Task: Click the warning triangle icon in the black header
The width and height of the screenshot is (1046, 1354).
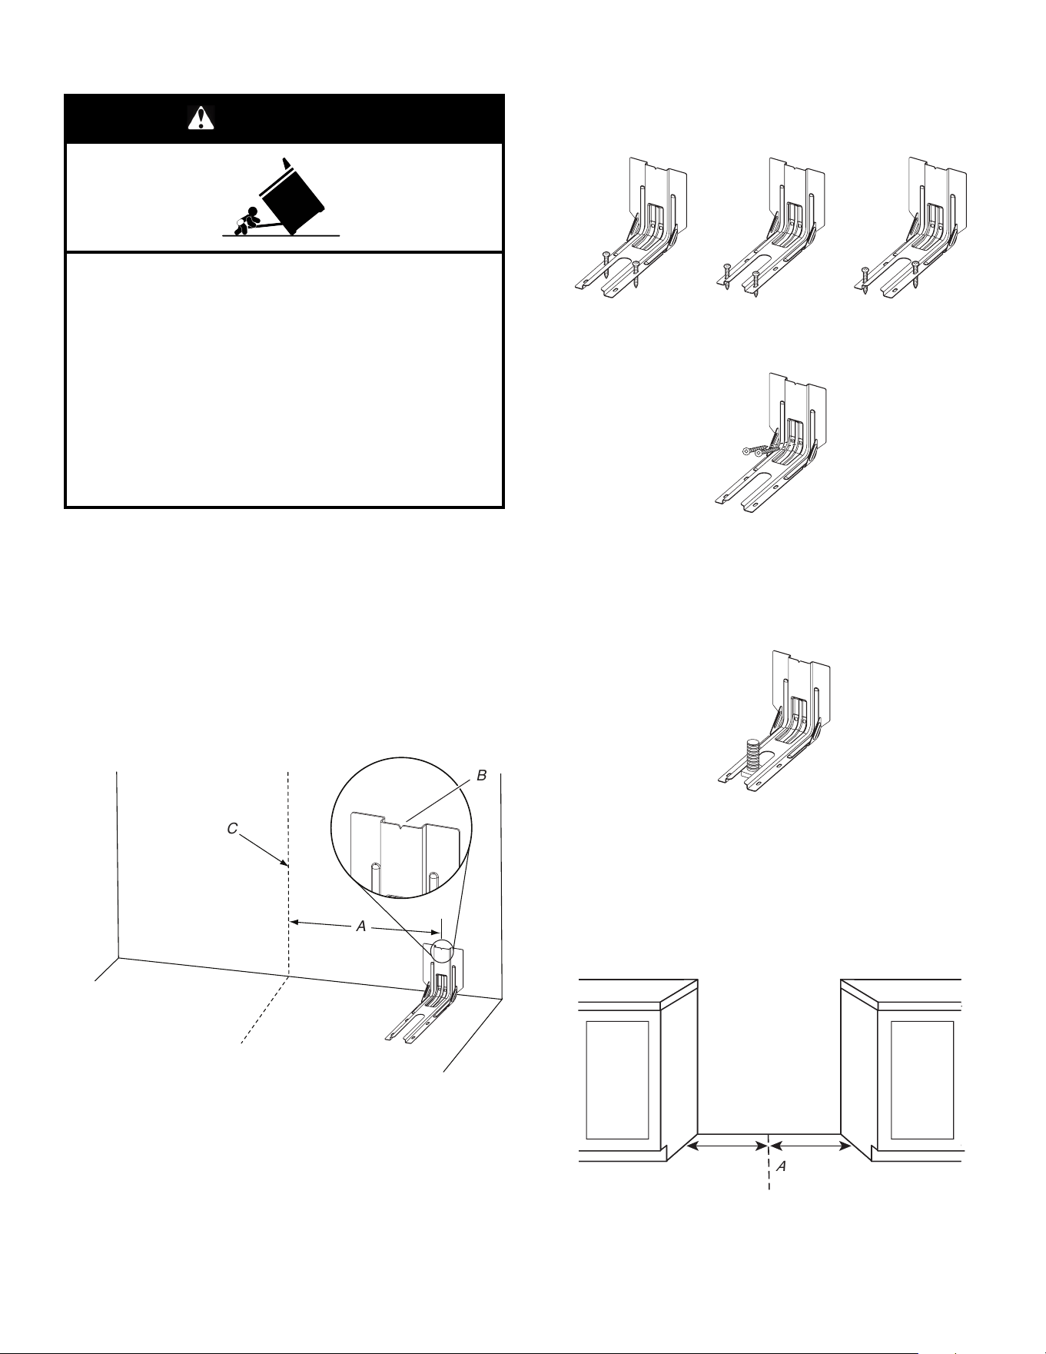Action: [x=201, y=118]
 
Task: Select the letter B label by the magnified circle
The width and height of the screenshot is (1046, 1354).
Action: [x=482, y=775]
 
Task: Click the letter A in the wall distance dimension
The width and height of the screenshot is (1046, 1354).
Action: [x=360, y=927]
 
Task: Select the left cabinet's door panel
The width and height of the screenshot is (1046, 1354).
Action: [x=618, y=1080]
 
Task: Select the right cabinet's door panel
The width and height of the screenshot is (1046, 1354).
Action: [x=922, y=1080]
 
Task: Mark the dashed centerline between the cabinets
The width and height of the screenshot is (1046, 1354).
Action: [x=769, y=1161]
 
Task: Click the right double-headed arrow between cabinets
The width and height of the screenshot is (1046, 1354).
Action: [x=809, y=1146]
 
